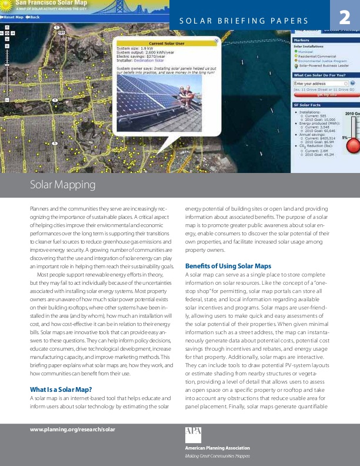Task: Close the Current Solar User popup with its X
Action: [216, 41]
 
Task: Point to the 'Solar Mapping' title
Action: [62, 185]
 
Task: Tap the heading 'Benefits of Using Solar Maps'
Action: [225, 266]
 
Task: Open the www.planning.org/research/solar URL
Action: [72, 429]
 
